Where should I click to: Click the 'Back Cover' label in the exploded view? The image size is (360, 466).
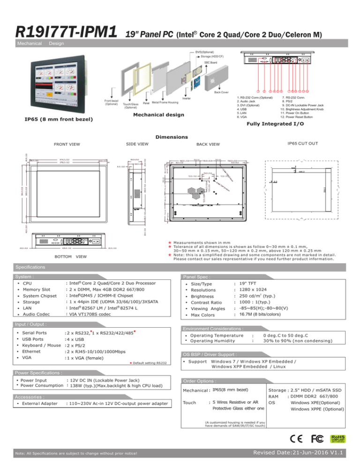(219, 92)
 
